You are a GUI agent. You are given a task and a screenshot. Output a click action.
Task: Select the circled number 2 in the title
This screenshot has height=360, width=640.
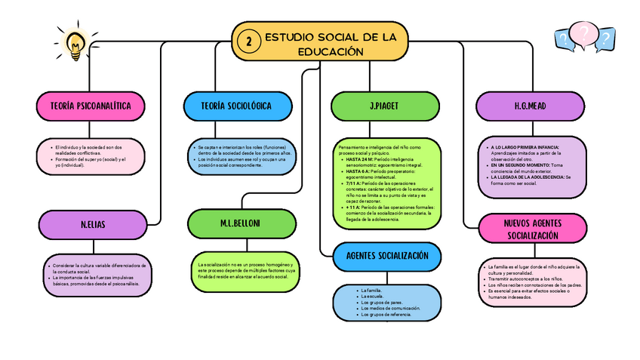[248, 42]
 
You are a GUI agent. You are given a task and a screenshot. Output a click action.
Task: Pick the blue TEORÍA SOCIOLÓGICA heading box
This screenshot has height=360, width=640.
[236, 106]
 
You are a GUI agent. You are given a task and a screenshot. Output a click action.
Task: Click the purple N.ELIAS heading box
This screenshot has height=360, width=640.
[91, 224]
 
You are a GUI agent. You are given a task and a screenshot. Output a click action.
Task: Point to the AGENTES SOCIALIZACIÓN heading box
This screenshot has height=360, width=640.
[386, 256]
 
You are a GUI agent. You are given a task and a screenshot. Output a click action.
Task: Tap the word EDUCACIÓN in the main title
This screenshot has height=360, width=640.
[331, 51]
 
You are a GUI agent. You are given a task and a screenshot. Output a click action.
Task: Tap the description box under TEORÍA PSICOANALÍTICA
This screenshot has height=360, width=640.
[91, 155]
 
